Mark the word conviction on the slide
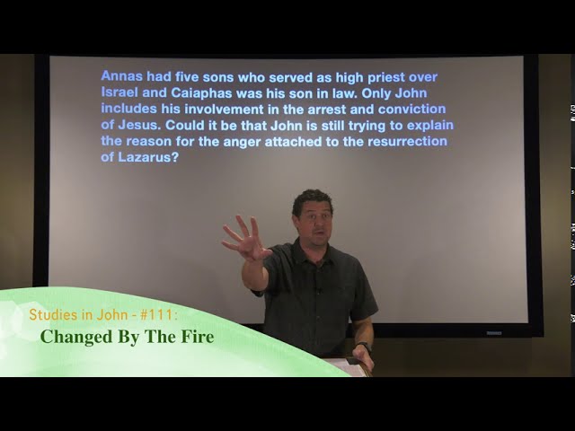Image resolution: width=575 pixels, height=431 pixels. point(414,110)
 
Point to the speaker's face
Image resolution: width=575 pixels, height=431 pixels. point(314,219)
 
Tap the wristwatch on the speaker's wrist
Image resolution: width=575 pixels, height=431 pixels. point(363,347)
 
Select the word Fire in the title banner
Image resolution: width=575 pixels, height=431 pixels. point(198,338)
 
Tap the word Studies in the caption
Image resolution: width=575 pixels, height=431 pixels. point(49,315)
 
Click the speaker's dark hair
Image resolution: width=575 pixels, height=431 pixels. point(312,198)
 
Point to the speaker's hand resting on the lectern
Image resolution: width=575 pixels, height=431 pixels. point(361,359)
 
